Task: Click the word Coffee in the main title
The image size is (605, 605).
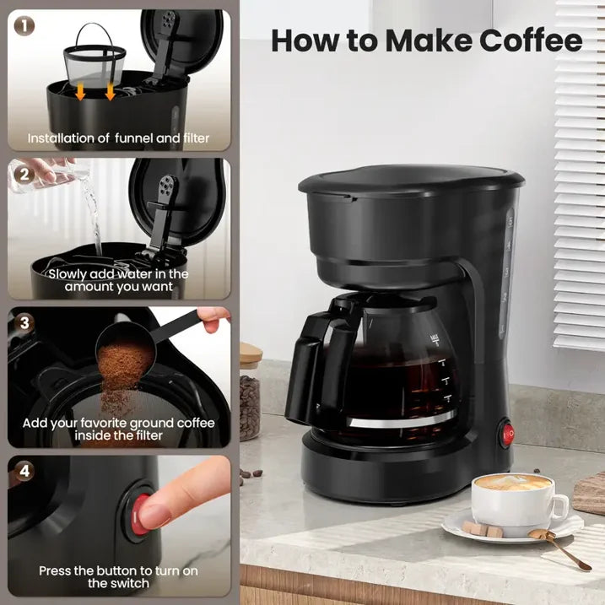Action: point(531,41)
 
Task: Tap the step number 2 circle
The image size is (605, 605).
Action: point(24,175)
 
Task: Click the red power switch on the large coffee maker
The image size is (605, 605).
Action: point(507,432)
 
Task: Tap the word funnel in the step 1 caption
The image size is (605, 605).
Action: point(134,138)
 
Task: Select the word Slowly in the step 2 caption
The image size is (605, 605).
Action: point(69,274)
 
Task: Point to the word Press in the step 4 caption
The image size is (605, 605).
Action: point(55,570)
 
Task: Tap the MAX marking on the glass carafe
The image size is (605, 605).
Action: point(435,339)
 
